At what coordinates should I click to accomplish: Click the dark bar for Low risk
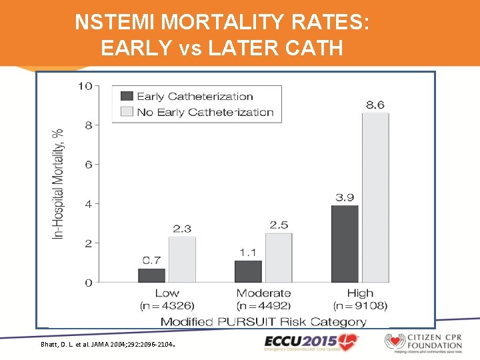(x=151, y=275)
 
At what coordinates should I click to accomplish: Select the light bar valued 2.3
(x=182, y=259)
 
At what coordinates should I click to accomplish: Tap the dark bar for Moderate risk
(x=248, y=271)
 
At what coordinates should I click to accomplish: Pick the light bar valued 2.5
(x=279, y=257)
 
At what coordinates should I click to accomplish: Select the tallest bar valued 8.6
(x=375, y=197)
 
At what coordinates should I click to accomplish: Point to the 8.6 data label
(x=375, y=105)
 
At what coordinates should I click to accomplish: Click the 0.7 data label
(x=151, y=260)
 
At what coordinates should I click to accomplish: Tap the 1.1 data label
(x=248, y=252)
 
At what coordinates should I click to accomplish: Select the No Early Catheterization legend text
(x=205, y=112)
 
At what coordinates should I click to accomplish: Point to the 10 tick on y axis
(x=85, y=86)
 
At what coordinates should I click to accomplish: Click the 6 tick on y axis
(x=89, y=165)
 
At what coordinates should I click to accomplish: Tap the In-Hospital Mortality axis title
(x=59, y=184)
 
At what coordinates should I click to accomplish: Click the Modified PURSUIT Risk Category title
(x=263, y=321)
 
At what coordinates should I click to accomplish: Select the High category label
(x=360, y=293)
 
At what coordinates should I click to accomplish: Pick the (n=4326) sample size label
(x=167, y=306)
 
